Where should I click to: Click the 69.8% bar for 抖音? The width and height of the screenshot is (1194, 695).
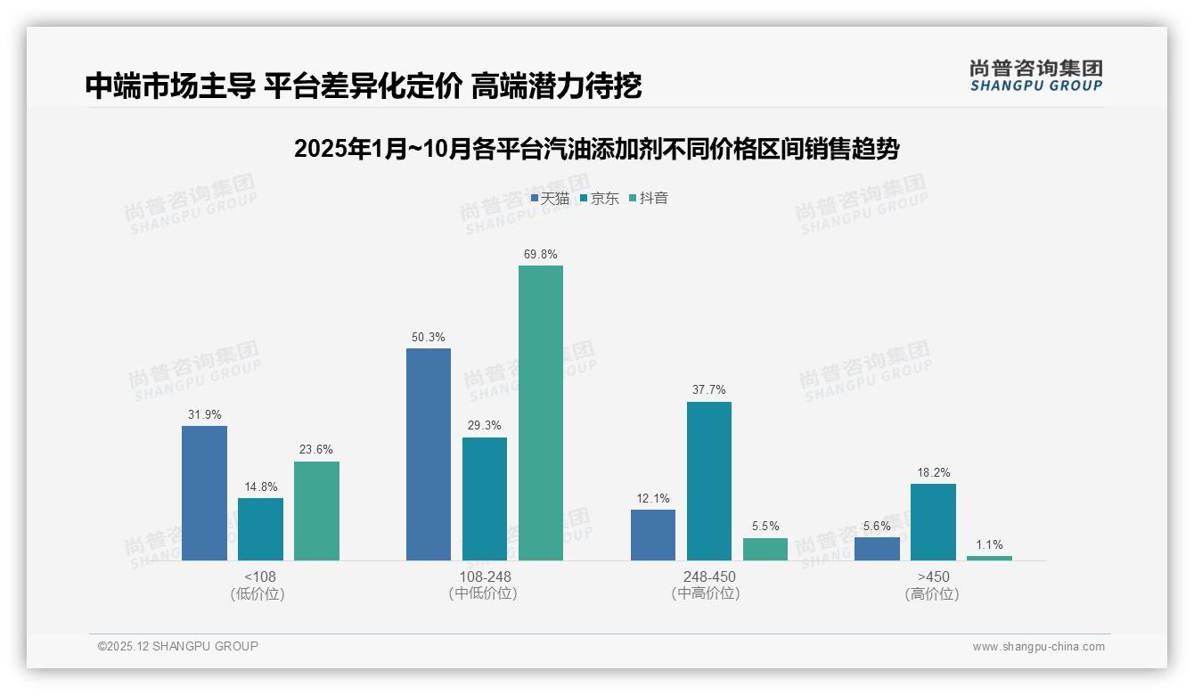(541, 413)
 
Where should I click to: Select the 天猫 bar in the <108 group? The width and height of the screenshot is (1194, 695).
(204, 493)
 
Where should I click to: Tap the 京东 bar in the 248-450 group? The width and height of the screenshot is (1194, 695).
(709, 481)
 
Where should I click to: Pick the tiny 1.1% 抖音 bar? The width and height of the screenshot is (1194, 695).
(989, 558)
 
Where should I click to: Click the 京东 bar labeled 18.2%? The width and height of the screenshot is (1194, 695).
(933, 522)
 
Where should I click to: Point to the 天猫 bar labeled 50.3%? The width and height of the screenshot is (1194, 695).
(429, 454)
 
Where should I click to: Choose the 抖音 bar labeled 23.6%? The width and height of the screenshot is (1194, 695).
(316, 511)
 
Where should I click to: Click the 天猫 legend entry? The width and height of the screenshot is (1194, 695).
(550, 199)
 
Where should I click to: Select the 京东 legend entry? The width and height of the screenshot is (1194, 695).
(599, 199)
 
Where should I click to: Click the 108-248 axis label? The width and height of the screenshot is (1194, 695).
(485, 576)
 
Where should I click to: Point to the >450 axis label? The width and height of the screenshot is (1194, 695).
(933, 576)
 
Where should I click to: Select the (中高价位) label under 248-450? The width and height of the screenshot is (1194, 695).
(706, 593)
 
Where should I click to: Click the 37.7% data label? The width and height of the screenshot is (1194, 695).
(708, 389)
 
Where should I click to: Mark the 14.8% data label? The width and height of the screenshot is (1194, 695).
(260, 487)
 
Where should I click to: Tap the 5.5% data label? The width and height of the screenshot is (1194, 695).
(765, 527)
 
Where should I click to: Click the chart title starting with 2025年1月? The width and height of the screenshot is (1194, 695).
(596, 149)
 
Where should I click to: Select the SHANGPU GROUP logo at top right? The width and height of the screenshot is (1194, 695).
(1036, 75)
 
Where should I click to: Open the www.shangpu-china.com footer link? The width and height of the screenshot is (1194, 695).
(1038, 647)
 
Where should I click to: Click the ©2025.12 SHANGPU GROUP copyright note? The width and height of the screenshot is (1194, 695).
(178, 646)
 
